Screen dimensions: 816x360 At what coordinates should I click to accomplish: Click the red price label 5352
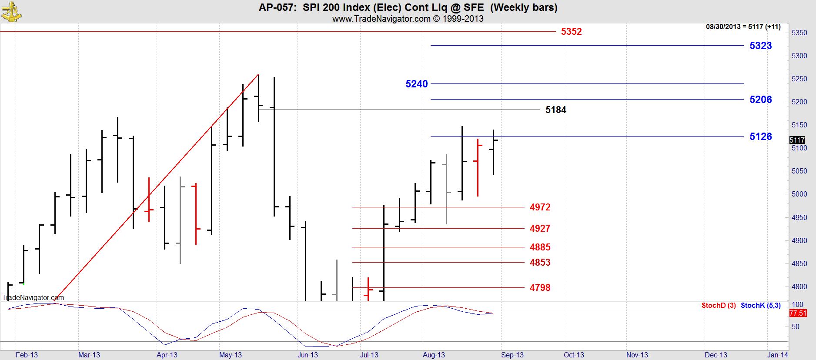coord(571,31)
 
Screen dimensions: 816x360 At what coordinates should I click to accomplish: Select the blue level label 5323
coord(760,46)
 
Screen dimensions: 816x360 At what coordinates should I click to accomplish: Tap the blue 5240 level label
coord(417,84)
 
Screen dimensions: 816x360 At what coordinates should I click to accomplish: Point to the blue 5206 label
coord(760,100)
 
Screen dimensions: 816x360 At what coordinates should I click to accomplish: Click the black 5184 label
coord(556,110)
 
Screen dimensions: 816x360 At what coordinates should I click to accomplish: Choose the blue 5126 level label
coord(760,137)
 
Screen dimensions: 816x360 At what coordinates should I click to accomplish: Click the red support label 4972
coord(540,207)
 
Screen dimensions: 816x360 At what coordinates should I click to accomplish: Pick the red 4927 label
coord(540,229)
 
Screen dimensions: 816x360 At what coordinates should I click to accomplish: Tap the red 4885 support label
coord(540,247)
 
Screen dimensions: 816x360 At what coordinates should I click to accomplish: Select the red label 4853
coord(540,263)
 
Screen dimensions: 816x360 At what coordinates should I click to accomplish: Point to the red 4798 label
coord(540,288)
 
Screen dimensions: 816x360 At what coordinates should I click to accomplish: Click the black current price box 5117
coord(797,140)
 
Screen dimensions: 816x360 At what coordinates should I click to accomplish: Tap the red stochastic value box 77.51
coord(798,313)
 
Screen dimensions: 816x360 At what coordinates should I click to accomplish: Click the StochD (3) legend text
coord(719,305)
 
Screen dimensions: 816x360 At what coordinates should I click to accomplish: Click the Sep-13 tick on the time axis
coord(512,355)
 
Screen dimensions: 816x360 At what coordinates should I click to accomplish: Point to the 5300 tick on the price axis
coord(799,56)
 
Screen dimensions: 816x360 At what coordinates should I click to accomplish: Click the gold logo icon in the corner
coord(11,12)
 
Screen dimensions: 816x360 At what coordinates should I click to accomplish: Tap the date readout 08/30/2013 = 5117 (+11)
coord(743,27)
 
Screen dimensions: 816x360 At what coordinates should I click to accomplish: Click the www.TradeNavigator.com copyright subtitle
coord(408,19)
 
